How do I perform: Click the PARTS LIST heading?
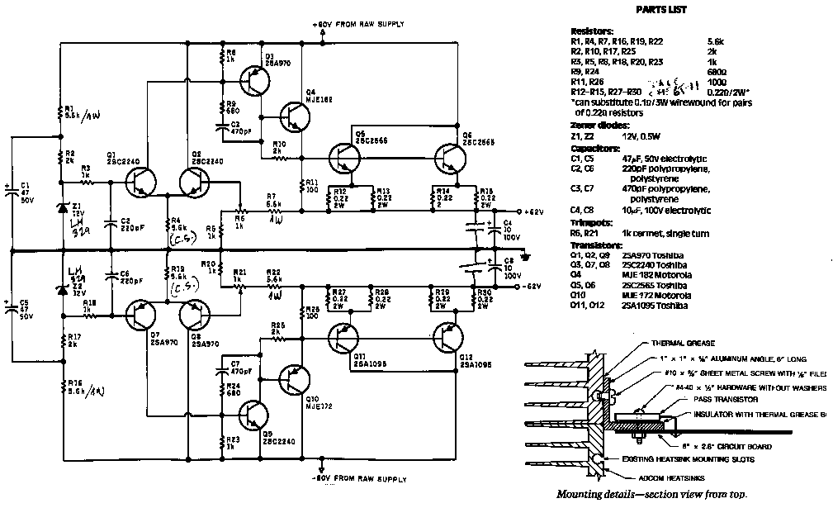click(660, 10)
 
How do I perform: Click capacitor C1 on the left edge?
click(12, 192)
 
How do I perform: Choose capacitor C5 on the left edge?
click(12, 309)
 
